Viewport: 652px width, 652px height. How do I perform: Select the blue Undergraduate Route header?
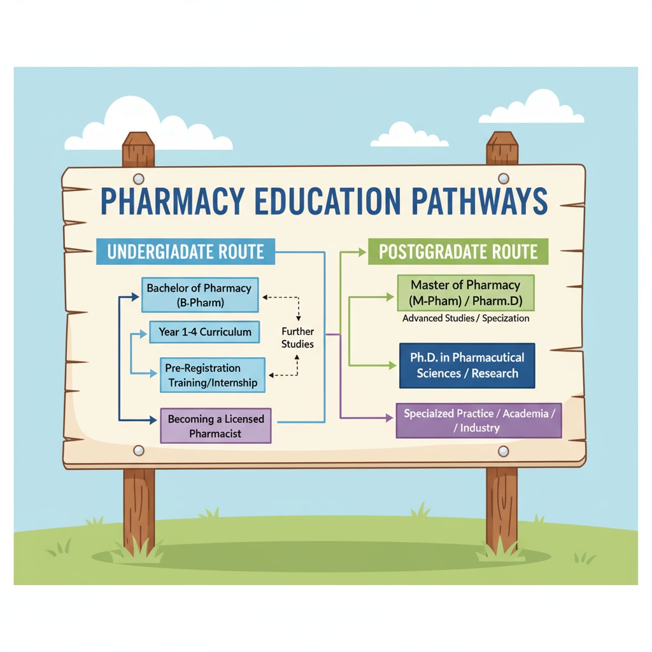[x=185, y=252]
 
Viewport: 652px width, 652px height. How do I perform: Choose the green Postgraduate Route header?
[x=458, y=252]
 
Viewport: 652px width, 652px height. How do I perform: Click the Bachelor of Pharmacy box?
[x=199, y=295]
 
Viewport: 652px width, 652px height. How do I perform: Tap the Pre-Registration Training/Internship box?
[x=211, y=375]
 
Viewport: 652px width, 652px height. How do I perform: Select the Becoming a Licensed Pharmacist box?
[x=215, y=426]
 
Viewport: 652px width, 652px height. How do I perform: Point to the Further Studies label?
[x=298, y=337]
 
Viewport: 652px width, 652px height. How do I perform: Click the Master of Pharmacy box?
[x=465, y=292]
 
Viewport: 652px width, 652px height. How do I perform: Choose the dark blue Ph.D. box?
[x=467, y=366]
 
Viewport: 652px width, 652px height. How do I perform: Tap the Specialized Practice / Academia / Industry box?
[x=479, y=420]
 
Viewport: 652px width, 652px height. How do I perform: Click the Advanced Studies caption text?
[x=465, y=318]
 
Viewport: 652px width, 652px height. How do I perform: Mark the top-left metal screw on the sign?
[x=139, y=179]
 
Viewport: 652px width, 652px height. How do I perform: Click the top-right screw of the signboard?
[x=503, y=178]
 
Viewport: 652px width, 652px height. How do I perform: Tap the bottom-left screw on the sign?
[x=139, y=451]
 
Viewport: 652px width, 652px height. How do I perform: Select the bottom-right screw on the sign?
[x=503, y=451]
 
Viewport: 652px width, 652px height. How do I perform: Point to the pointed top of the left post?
[x=139, y=137]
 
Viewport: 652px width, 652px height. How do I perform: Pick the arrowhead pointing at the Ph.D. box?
[x=392, y=365]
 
